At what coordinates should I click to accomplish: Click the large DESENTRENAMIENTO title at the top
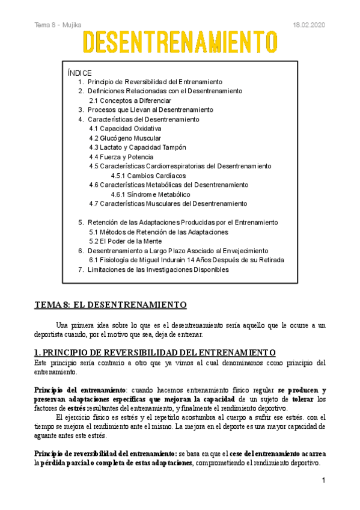pyautogui.click(x=180, y=43)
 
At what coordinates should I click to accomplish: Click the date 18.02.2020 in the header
pyautogui.click(x=308, y=25)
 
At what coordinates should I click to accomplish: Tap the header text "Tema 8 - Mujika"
pyautogui.click(x=58, y=25)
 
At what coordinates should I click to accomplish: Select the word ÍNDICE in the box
pyautogui.click(x=80, y=73)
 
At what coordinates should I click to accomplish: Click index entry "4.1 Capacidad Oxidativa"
pyautogui.click(x=125, y=129)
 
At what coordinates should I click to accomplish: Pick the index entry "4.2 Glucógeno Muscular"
pyautogui.click(x=125, y=138)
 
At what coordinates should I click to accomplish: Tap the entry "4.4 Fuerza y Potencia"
pyautogui.click(x=121, y=157)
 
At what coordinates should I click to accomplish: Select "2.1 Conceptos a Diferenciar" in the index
pyautogui.click(x=130, y=100)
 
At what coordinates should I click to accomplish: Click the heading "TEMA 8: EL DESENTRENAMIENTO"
pyautogui.click(x=111, y=304)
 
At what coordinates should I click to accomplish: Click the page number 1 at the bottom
pyautogui.click(x=323, y=481)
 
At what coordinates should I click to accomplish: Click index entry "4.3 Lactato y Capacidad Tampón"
pyautogui.click(x=137, y=147)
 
